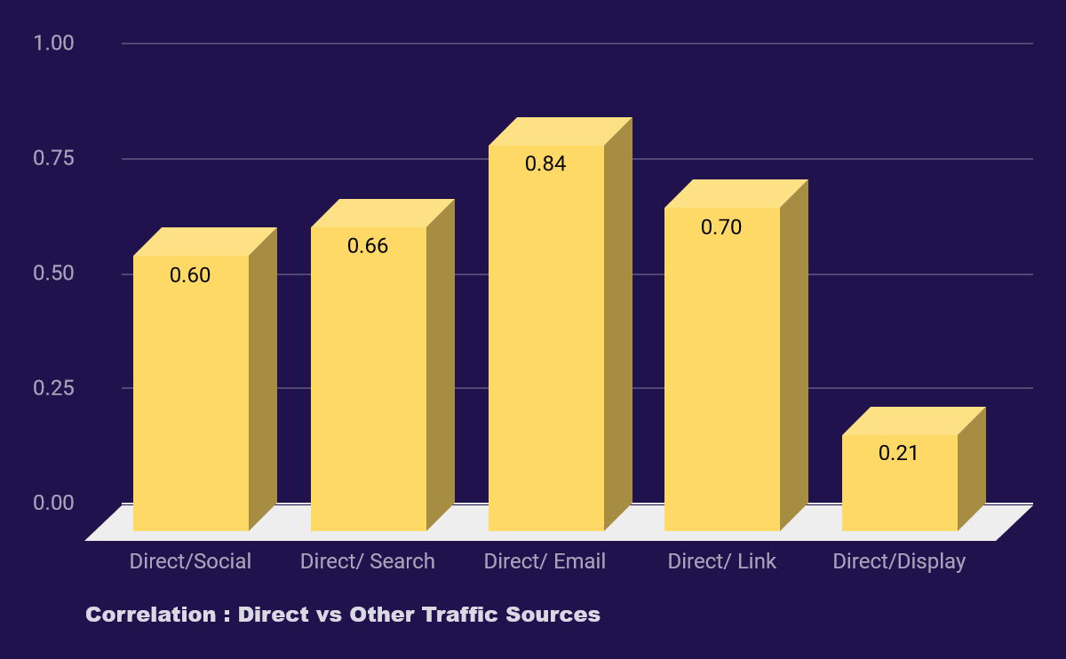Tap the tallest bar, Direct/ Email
(546, 346)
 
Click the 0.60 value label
(190, 275)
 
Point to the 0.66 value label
(368, 246)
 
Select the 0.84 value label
(545, 163)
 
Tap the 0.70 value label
(721, 227)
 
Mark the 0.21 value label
(898, 453)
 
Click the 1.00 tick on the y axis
(53, 43)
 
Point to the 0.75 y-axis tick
(53, 158)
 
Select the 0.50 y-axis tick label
(53, 274)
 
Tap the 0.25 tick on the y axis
(53, 388)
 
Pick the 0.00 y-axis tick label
(53, 503)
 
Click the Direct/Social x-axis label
(190, 561)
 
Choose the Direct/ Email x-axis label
(545, 561)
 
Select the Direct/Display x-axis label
(899, 561)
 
